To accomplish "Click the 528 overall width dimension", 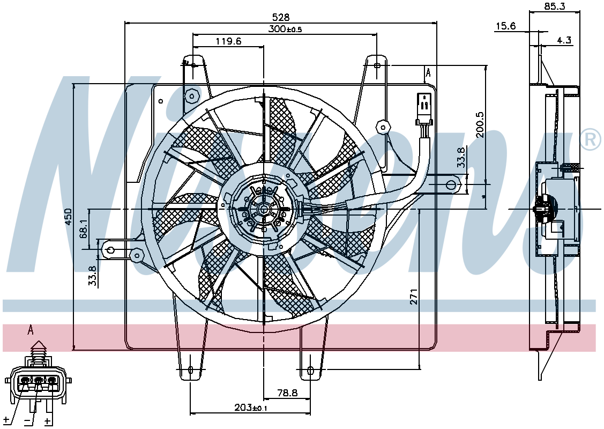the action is click(280, 17).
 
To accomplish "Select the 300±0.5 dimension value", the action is click(286, 28).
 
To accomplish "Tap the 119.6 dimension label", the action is click(228, 41).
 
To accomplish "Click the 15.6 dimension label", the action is click(505, 26).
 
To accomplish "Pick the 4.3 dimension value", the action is click(564, 40).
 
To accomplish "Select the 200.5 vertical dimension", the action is click(480, 125).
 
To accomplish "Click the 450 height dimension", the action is click(68, 217).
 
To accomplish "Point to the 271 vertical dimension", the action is click(413, 297).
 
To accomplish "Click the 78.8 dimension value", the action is click(287, 393).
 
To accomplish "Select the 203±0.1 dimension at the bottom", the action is click(251, 407).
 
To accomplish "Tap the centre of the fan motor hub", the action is click(264, 209).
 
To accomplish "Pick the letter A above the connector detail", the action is click(31, 330).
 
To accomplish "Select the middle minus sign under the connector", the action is click(27, 421).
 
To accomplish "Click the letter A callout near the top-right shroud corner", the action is click(428, 72).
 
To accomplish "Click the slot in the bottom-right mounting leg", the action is click(310, 371).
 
